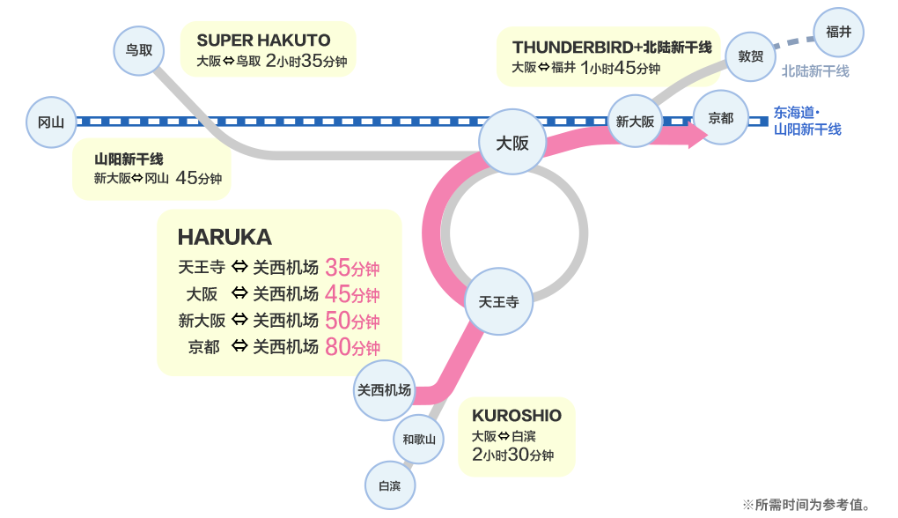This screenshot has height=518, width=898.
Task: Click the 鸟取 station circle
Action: [139, 50]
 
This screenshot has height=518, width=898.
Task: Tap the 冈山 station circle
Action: [52, 122]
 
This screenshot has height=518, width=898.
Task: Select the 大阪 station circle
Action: [512, 142]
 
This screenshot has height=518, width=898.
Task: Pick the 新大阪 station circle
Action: [635, 121]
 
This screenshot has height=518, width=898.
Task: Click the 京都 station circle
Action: [720, 117]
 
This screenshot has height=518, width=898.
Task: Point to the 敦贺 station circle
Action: [750, 56]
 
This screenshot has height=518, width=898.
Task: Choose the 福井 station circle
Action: [839, 32]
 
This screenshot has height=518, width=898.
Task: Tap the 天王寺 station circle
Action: [499, 301]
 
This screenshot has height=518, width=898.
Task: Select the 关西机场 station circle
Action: [384, 390]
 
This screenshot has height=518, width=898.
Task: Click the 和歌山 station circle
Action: [419, 440]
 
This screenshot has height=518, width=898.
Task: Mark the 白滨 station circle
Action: [390, 485]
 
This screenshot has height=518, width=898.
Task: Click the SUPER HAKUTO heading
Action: [263, 41]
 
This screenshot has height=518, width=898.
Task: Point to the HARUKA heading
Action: [224, 237]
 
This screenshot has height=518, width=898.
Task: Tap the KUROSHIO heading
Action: [517, 416]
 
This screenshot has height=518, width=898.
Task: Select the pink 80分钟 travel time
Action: [352, 347]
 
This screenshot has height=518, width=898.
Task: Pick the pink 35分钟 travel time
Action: [352, 268]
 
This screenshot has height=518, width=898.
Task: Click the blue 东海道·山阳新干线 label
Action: [807, 121]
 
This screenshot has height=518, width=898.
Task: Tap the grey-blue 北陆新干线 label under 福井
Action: [815, 71]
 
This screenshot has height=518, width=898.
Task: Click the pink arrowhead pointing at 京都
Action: [698, 135]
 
